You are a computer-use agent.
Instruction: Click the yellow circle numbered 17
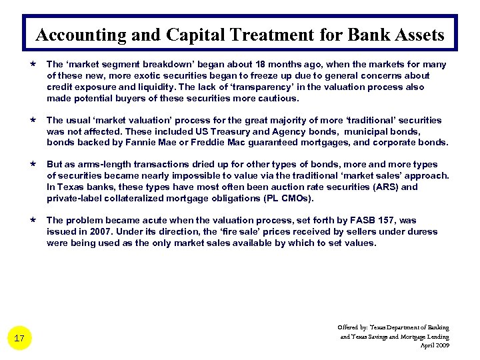click(19, 339)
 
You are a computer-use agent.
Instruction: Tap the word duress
click(422, 232)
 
